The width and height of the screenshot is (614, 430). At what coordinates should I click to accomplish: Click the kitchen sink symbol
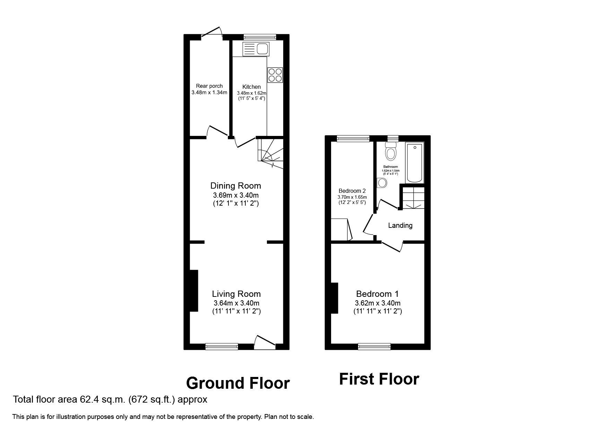256,49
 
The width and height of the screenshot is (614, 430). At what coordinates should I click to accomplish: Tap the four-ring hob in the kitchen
275,75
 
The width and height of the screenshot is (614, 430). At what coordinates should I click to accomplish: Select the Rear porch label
209,86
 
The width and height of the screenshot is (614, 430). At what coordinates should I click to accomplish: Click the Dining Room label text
235,186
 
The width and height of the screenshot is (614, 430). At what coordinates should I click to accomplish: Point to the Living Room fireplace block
193,291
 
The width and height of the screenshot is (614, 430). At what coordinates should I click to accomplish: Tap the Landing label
400,225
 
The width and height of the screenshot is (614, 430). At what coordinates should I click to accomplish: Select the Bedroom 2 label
352,191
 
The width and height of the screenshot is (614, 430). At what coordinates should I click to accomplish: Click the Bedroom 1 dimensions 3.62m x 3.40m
377,303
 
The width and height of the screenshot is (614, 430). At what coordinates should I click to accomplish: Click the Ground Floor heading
238,383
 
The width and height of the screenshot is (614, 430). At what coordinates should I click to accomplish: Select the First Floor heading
379,379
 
